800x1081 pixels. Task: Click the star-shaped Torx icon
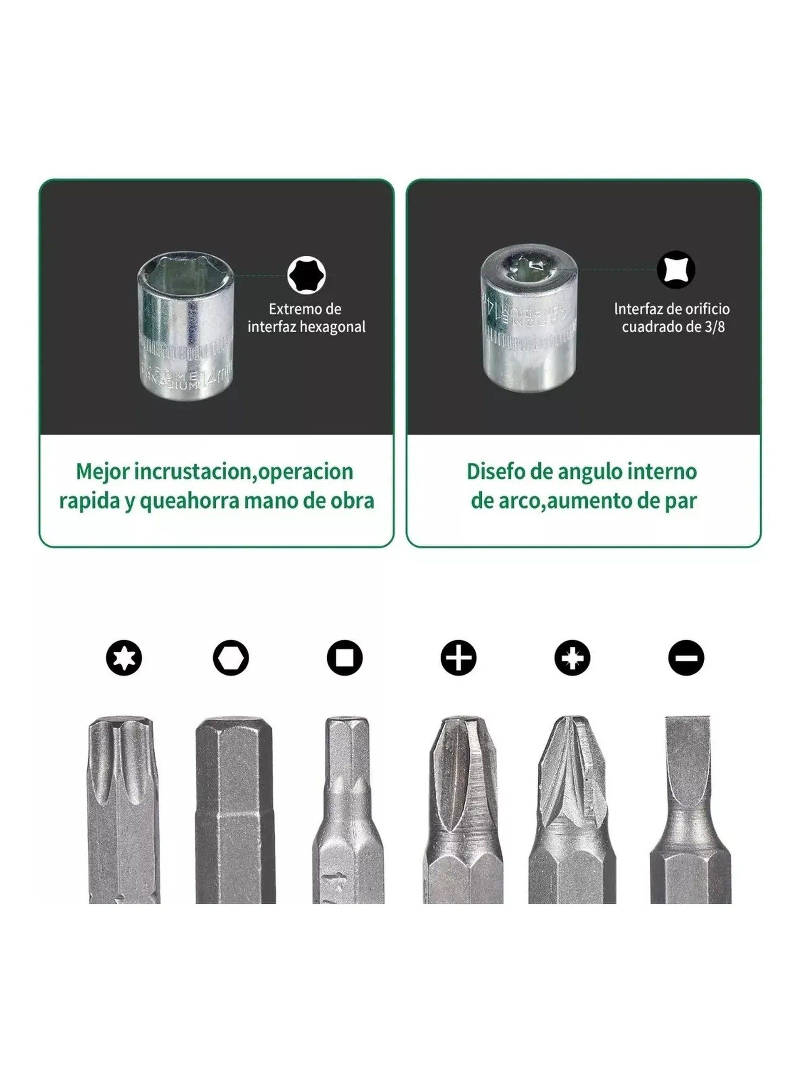click(x=124, y=658)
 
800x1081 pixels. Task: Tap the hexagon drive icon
click(x=231, y=658)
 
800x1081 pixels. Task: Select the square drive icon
click(x=345, y=658)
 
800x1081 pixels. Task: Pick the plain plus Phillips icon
click(x=458, y=658)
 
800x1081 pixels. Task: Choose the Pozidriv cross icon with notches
click(x=572, y=658)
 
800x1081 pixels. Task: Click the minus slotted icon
click(x=686, y=658)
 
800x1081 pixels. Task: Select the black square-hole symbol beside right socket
click(x=676, y=270)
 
